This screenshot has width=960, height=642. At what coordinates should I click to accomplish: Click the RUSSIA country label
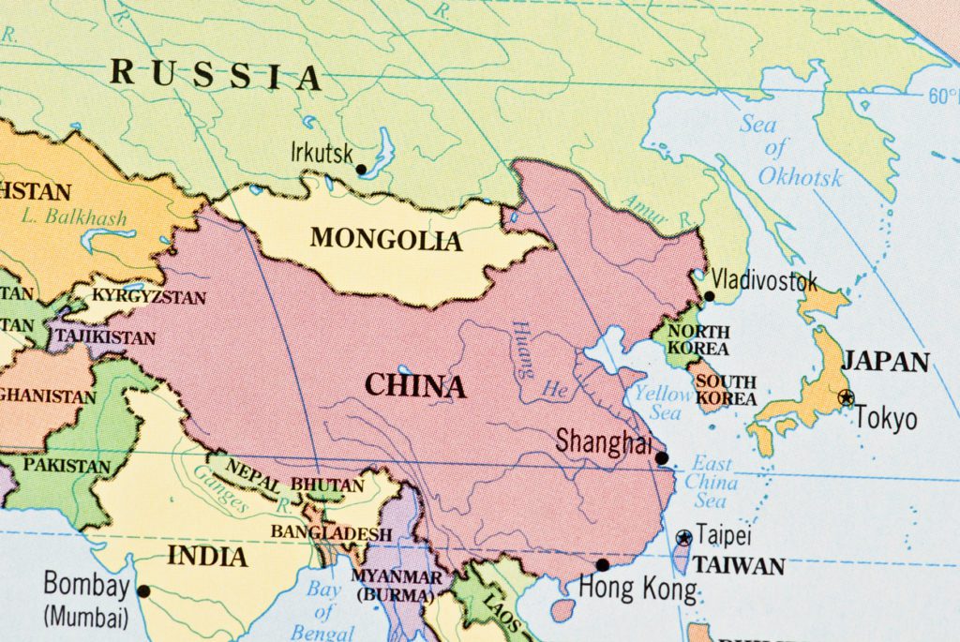click(x=216, y=74)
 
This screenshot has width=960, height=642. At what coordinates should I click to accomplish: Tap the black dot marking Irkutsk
click(x=361, y=170)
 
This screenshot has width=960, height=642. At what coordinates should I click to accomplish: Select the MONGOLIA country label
click(x=386, y=239)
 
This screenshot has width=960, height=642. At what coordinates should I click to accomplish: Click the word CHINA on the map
click(x=414, y=385)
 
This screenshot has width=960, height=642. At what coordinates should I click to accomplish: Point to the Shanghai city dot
click(x=662, y=458)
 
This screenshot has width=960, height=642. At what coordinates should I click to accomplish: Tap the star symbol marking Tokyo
click(x=847, y=396)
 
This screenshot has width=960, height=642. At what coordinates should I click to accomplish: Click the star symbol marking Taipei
click(x=683, y=537)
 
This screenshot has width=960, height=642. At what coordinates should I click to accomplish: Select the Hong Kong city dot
click(x=603, y=564)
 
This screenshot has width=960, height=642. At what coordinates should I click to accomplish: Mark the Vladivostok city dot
click(x=709, y=296)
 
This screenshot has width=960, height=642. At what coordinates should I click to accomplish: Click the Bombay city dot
click(x=143, y=590)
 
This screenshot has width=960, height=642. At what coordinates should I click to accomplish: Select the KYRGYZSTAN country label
click(x=151, y=297)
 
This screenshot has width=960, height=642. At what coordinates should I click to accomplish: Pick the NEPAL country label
click(x=253, y=479)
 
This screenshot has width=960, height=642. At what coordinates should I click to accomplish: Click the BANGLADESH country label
click(x=331, y=533)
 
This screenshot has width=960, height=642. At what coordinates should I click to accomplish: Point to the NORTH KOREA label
click(x=698, y=340)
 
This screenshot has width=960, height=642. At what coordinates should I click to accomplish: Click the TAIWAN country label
click(x=740, y=566)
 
